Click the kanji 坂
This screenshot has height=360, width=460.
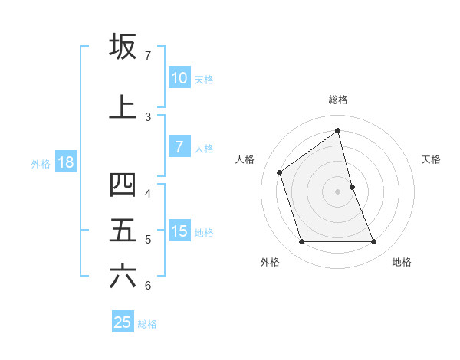pyautogui.click(x=123, y=47)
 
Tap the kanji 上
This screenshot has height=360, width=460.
pyautogui.click(x=123, y=107)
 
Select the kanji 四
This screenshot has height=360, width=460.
pyautogui.click(x=123, y=185)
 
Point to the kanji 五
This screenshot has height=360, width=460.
pyautogui.click(x=123, y=230)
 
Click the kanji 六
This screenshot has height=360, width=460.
pyautogui.click(x=123, y=276)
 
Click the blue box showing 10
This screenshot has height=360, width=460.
pyautogui.click(x=179, y=78)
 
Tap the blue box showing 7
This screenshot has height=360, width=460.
pyautogui.click(x=179, y=147)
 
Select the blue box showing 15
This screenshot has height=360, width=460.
pyautogui.click(x=179, y=231)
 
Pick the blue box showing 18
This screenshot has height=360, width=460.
pyautogui.click(x=65, y=162)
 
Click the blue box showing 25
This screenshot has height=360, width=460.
pyautogui.click(x=123, y=322)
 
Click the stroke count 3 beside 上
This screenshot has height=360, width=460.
pyautogui.click(x=148, y=117)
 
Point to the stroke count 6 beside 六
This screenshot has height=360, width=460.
pyautogui.click(x=148, y=286)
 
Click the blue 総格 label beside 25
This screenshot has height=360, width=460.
pyautogui.click(x=148, y=323)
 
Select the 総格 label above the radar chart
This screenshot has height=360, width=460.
pyautogui.click(x=338, y=100)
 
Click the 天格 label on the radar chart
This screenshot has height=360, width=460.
pyautogui.click(x=431, y=159)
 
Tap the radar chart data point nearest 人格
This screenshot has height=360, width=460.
pyautogui.click(x=280, y=172)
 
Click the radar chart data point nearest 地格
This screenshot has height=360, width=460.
pyautogui.click(x=374, y=242)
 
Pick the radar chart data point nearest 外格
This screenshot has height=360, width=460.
pyautogui.click(x=301, y=242)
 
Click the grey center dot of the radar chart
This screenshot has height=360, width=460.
pyautogui.click(x=337, y=191)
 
